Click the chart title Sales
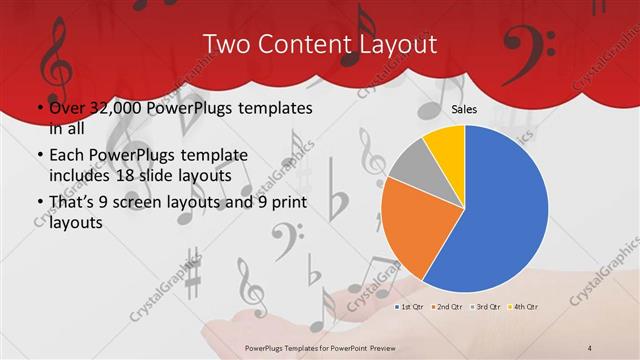[463, 108]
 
